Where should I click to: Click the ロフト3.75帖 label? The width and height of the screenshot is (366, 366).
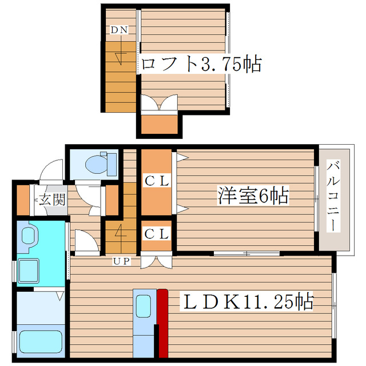(x=201, y=63)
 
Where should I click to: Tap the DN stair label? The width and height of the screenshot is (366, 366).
(x=119, y=30)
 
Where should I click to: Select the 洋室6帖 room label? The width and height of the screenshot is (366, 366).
(x=252, y=196)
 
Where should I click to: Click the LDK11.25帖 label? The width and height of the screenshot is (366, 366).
(x=247, y=301)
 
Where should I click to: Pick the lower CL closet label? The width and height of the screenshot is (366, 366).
(x=156, y=233)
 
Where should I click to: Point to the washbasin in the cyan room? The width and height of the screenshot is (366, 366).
(x=28, y=236)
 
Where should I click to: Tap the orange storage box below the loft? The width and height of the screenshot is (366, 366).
(x=159, y=123)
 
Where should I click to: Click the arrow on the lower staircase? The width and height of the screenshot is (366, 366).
(x=120, y=233)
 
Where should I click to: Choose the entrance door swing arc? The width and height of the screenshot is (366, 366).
(x=51, y=170)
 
